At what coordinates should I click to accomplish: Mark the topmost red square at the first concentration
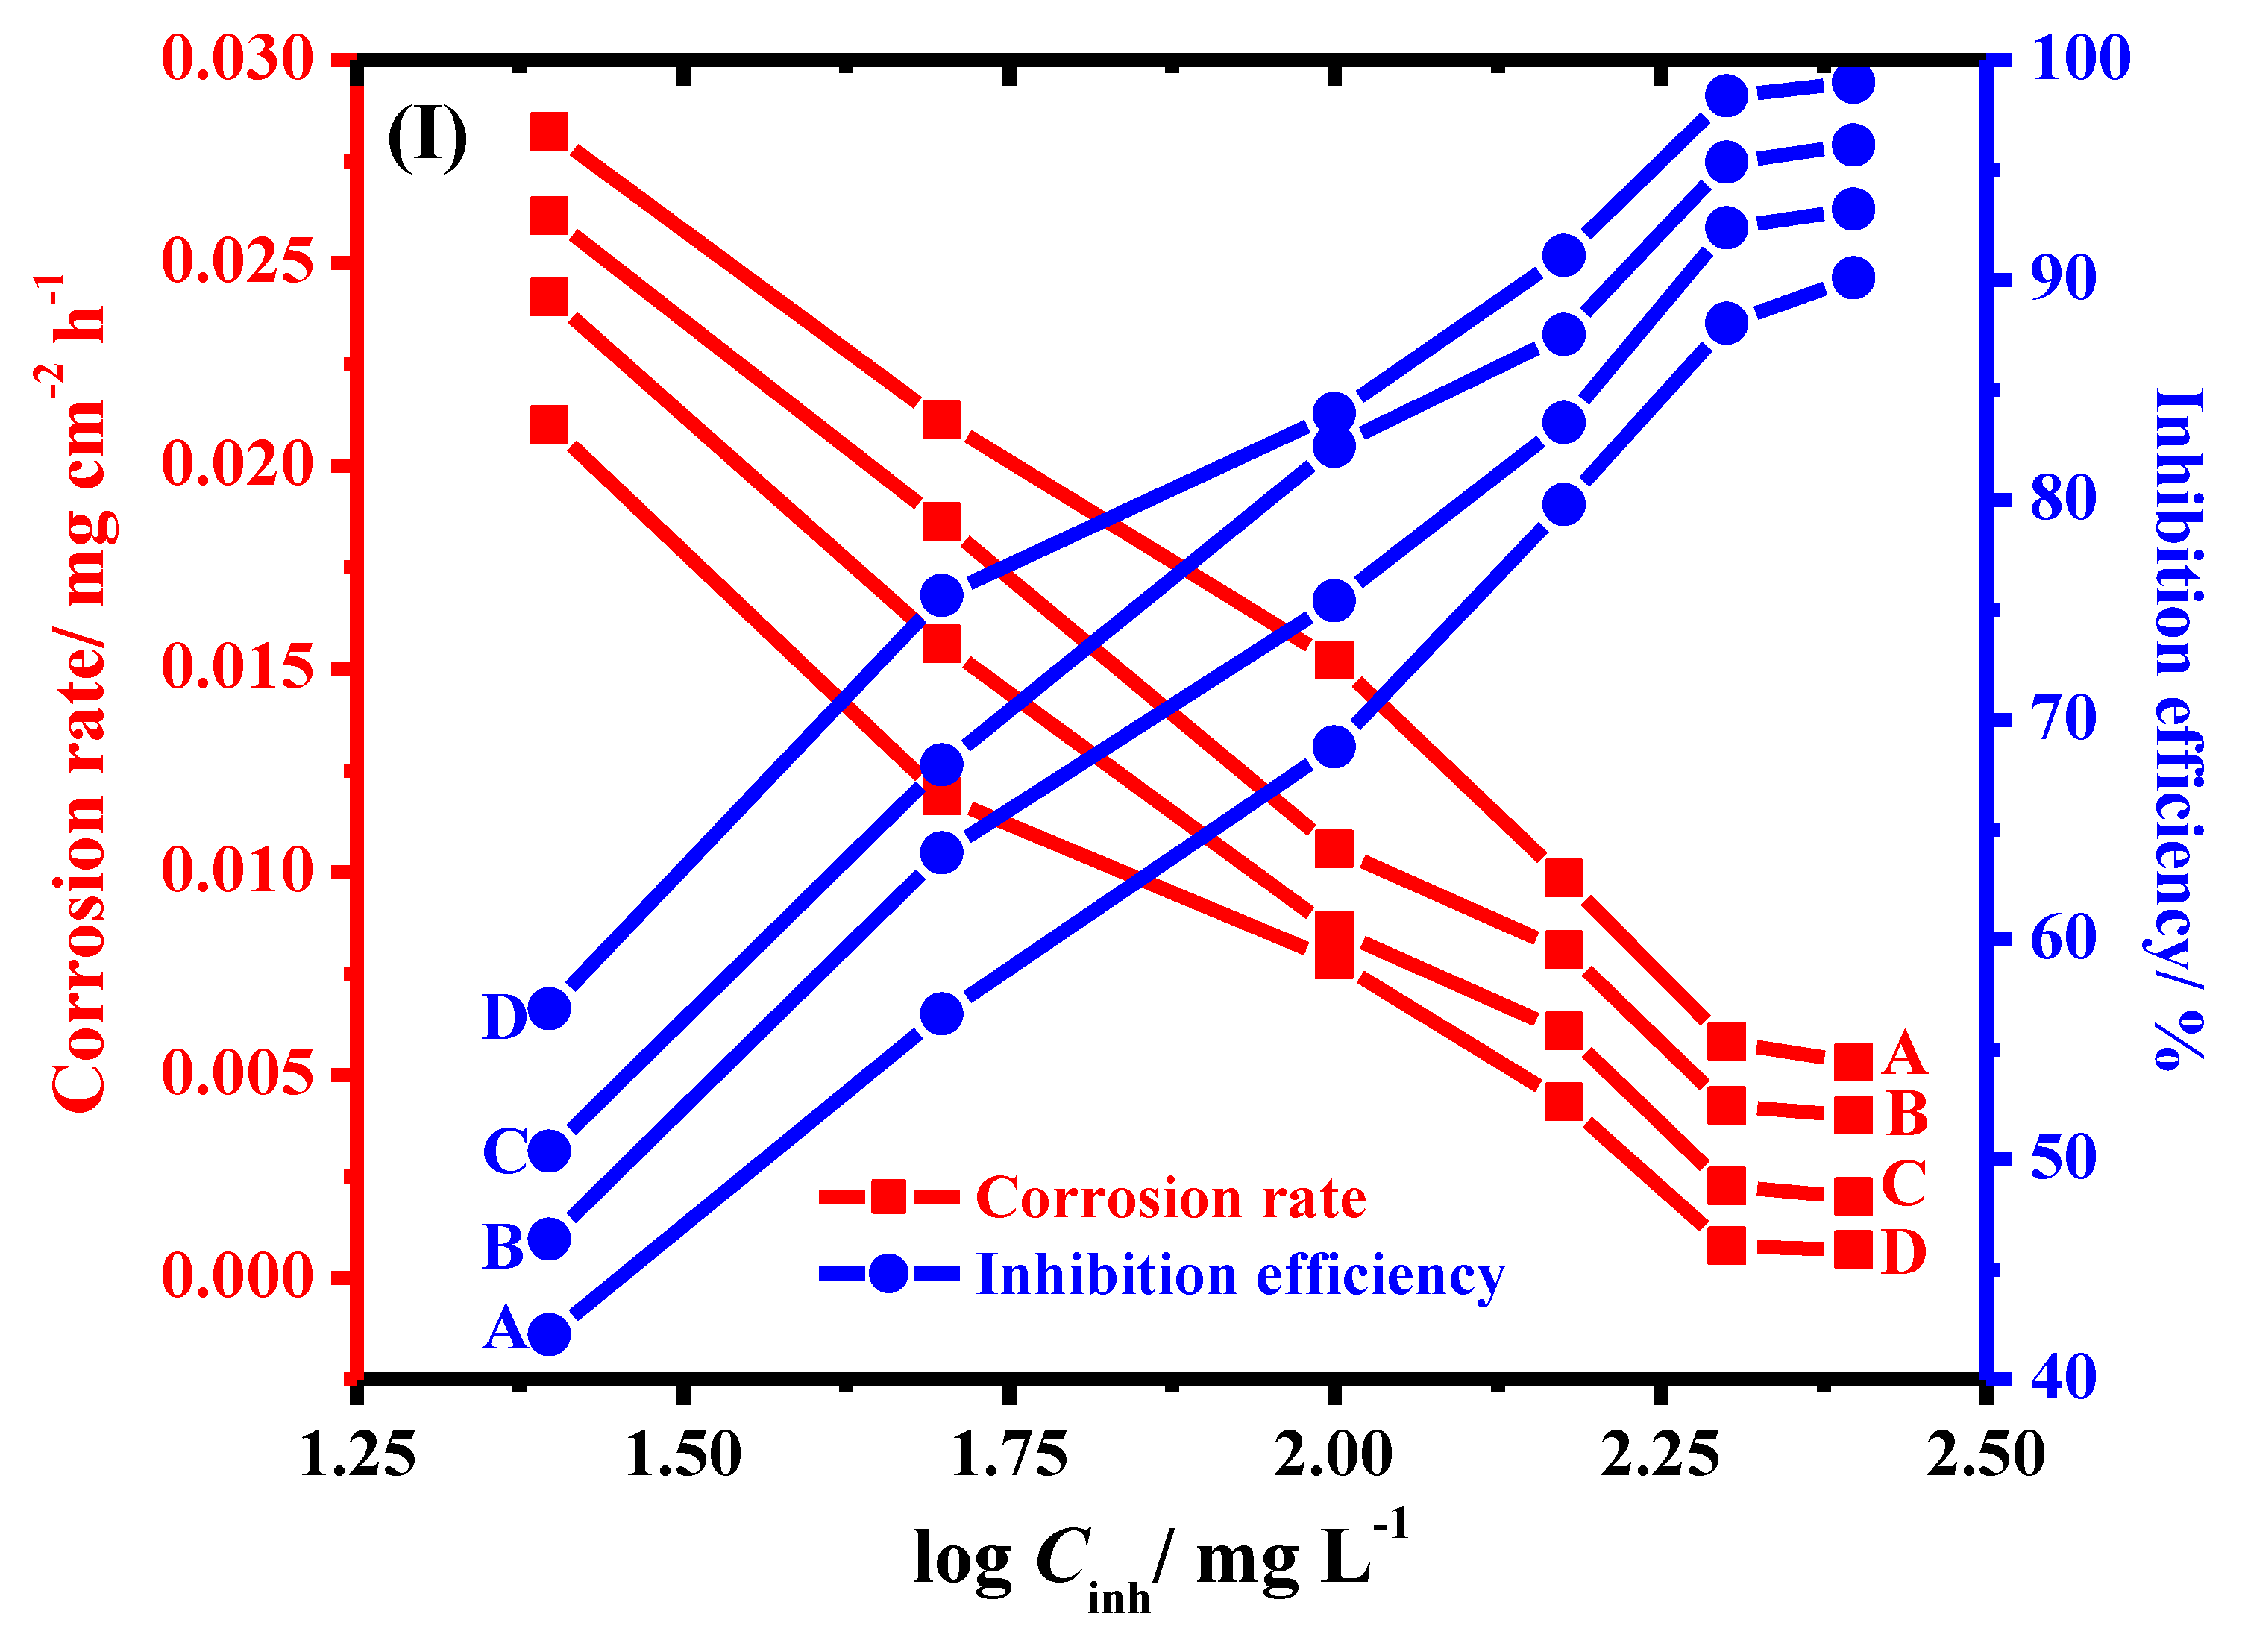(x=549, y=131)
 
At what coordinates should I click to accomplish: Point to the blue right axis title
(x=2179, y=726)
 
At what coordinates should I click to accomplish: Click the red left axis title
(x=80, y=696)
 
